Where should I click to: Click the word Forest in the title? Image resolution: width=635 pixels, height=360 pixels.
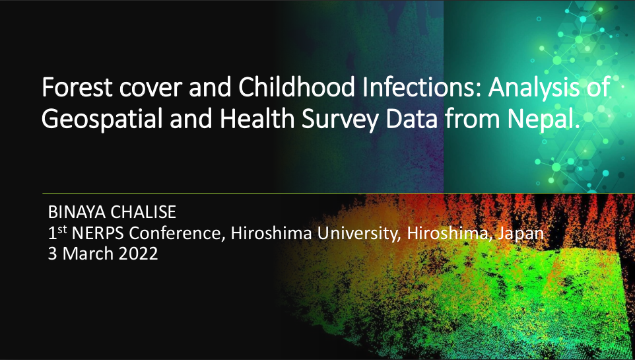click(x=77, y=87)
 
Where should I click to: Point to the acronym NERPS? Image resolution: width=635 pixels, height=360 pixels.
click(x=98, y=233)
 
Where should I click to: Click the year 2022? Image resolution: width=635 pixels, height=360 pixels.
click(x=138, y=254)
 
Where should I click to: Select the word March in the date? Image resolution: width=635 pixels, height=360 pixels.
click(x=88, y=254)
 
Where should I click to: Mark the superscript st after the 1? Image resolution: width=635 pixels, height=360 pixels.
click(x=61, y=229)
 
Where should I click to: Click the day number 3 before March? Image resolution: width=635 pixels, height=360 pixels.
click(x=53, y=254)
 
